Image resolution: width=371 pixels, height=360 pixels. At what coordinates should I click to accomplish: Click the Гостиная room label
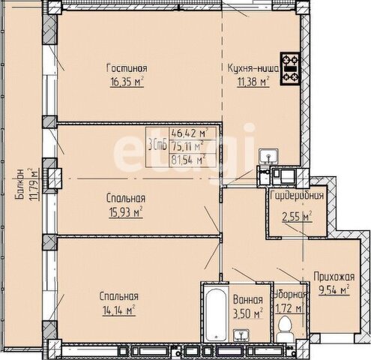coord(127,68)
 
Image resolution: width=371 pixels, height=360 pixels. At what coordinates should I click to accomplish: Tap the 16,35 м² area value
coord(127,82)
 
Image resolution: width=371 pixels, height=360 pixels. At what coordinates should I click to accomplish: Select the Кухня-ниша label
coord(253,68)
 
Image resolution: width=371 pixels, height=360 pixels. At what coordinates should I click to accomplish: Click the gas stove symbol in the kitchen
coord(290,69)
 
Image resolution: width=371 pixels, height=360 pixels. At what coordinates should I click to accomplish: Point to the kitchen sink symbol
coord(268,155)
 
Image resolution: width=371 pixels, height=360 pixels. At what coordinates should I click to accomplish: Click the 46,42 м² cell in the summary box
coord(193,133)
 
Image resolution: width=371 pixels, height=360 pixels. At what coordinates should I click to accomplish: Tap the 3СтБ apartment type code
coord(157,146)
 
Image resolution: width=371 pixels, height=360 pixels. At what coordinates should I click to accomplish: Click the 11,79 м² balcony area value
coord(34,184)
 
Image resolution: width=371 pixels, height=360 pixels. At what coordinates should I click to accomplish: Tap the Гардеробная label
coord(297,195)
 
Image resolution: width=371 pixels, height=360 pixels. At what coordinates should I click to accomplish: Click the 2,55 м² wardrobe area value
coord(298,217)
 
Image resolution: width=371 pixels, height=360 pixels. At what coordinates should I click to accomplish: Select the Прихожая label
coord(334,277)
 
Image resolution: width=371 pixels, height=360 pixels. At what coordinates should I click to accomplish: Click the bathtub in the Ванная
coord(217,314)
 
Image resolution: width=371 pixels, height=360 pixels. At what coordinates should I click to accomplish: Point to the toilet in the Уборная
coord(285,328)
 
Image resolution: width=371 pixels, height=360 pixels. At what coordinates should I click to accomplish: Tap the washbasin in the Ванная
coord(241,335)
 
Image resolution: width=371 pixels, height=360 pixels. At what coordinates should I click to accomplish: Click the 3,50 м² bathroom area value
coord(248,314)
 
